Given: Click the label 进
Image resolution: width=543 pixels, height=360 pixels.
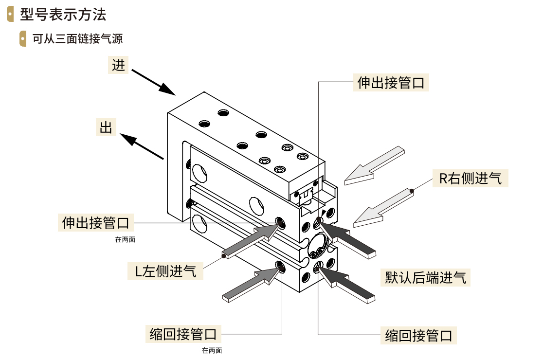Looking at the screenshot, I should [x=118, y=65].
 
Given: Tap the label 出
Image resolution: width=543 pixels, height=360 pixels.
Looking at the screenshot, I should [x=106, y=127].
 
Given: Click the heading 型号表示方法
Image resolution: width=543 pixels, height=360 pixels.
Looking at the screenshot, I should [x=63, y=14].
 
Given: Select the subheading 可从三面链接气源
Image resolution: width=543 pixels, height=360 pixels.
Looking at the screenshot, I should [x=77, y=39].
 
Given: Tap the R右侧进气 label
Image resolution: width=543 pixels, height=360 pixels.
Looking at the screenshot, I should [x=470, y=178].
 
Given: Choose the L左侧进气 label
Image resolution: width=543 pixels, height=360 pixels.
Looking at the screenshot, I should [x=165, y=271].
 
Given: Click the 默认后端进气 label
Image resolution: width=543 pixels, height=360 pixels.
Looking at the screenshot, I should [x=425, y=278].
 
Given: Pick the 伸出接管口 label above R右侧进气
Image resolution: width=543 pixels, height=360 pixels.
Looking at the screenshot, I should [x=391, y=83].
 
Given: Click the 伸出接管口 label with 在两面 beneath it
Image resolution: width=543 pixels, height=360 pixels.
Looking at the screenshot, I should [x=96, y=223].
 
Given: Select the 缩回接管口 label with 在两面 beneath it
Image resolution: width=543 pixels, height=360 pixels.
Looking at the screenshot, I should [x=182, y=334].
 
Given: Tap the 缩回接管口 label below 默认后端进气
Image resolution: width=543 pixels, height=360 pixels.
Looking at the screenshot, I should [x=418, y=335].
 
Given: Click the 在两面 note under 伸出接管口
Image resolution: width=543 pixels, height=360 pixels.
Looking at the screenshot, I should [x=125, y=239].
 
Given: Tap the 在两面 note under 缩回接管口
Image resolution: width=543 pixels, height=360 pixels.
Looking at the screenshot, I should [x=212, y=350].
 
